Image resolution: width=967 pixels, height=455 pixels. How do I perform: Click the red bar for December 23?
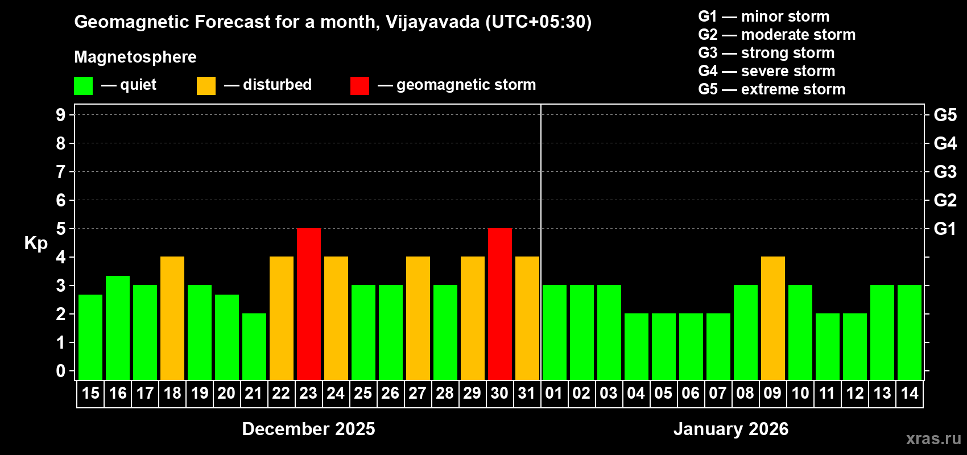pyautogui.click(x=309, y=304)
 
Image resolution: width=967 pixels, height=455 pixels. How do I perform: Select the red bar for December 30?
pyautogui.click(x=500, y=304)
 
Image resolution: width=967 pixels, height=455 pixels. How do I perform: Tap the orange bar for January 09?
pyautogui.click(x=773, y=318)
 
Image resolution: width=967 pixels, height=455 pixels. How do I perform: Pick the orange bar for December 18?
pyautogui.click(x=172, y=318)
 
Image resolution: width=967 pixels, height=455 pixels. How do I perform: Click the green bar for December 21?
pyautogui.click(x=254, y=346)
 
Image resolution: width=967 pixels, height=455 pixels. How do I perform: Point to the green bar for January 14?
pyautogui.click(x=910, y=332)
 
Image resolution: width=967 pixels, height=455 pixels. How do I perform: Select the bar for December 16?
pyautogui.click(x=118, y=328)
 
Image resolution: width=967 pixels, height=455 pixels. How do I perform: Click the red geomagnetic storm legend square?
pyautogui.click(x=359, y=86)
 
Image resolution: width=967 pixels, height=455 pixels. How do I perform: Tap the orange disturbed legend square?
pyautogui.click(x=206, y=86)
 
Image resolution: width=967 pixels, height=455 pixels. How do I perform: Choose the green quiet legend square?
pyautogui.click(x=83, y=86)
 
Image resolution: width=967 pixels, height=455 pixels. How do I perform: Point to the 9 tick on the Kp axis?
pyautogui.click(x=61, y=115)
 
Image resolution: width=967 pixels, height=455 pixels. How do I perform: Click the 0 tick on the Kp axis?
pyautogui.click(x=61, y=371)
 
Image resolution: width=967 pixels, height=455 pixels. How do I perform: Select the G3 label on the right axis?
pyautogui.click(x=945, y=172)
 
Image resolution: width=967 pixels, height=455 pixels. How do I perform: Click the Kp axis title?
pyautogui.click(x=36, y=243)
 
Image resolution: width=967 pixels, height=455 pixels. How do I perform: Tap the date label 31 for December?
pyautogui.click(x=527, y=394)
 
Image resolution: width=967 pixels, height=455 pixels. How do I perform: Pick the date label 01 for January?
pyautogui.click(x=554, y=394)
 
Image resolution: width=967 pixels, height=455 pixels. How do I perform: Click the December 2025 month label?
pyautogui.click(x=308, y=429)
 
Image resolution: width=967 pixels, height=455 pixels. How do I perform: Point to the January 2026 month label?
pyautogui.click(x=731, y=429)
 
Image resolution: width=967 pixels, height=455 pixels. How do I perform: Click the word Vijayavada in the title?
pyautogui.click(x=432, y=22)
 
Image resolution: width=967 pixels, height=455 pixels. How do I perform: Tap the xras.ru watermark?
pyautogui.click(x=933, y=439)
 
